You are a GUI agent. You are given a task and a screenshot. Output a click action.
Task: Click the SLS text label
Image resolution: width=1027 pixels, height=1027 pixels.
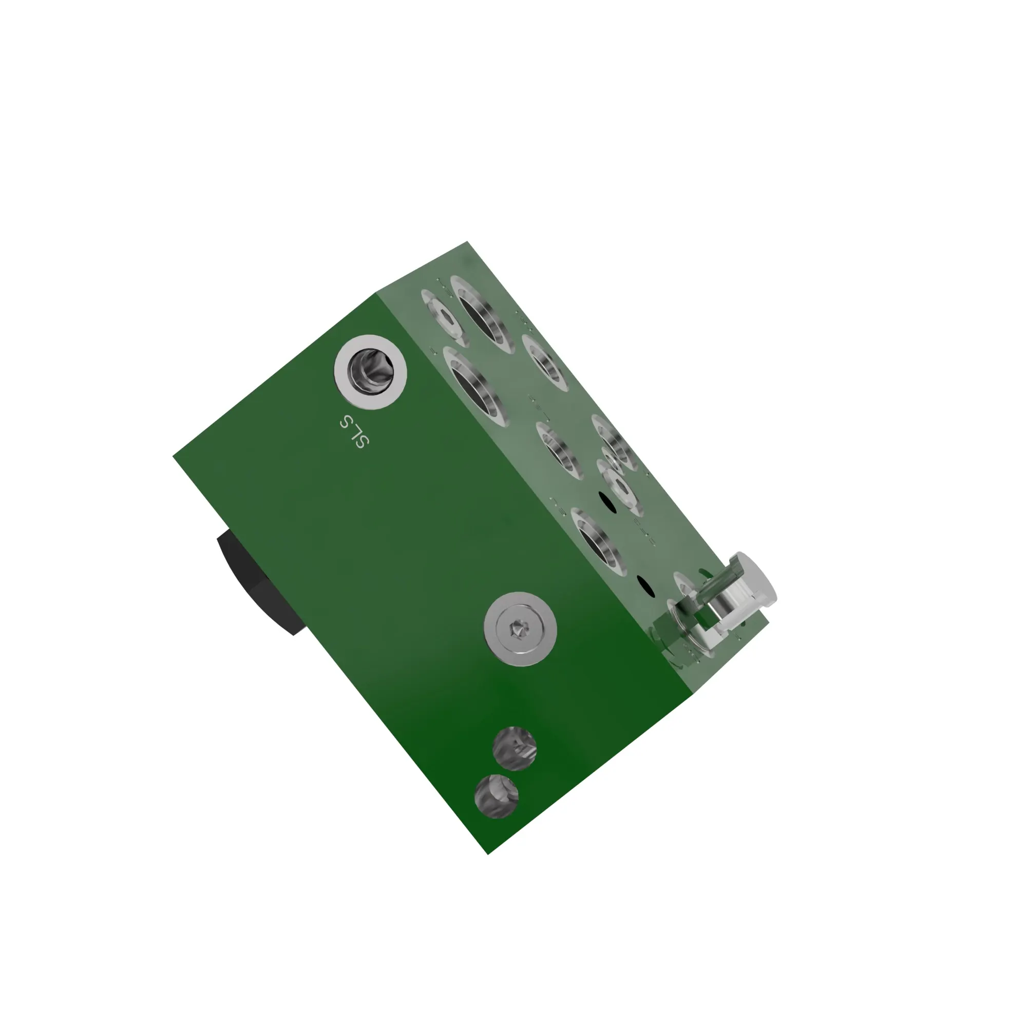tap(354, 431)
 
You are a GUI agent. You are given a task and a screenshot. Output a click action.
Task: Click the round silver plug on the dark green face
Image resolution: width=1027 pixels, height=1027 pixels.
tap(520, 629)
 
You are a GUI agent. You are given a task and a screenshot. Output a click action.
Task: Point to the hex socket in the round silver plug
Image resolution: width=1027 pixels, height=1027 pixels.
tap(516, 630)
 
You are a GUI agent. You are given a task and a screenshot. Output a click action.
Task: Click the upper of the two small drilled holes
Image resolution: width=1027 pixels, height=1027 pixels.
tap(514, 749)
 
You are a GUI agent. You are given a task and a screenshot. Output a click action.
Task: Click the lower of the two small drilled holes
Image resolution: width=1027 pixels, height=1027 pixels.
tap(496, 796)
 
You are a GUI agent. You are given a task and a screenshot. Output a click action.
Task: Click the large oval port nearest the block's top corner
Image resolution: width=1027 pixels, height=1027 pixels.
tap(483, 315)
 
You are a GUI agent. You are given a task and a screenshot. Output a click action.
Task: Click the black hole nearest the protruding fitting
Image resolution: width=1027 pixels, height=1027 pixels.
tap(645, 585)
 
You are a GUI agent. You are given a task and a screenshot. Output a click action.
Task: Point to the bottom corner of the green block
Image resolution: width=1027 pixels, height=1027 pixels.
tap(488, 854)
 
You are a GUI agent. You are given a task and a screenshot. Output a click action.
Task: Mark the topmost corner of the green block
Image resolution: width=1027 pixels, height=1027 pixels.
tap(467, 242)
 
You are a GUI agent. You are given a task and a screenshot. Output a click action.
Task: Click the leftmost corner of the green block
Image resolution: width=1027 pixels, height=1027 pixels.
tap(173, 455)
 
